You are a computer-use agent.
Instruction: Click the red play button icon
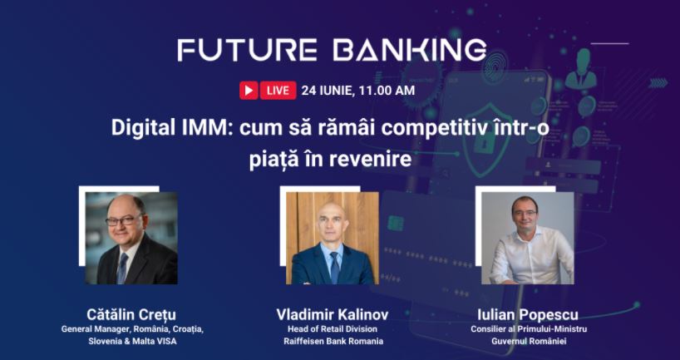pos(249,91)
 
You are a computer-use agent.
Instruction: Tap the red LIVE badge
pos(278,91)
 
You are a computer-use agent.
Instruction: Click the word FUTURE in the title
pos(247,50)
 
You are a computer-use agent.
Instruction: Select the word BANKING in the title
pos(409,50)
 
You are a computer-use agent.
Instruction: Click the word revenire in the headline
pos(371,160)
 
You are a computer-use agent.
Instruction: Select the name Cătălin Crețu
pos(131,314)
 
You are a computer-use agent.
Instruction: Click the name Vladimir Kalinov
pos(333,314)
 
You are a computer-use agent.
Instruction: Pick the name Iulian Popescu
pos(528,314)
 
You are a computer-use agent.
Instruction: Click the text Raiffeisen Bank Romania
pos(333,341)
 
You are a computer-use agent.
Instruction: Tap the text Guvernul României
pos(529,341)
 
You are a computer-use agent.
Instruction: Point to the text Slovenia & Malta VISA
pos(132,341)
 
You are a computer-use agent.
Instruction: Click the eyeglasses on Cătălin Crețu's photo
pos(124,220)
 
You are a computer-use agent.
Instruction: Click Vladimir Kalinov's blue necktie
pos(335,267)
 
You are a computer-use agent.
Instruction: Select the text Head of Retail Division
pos(333,328)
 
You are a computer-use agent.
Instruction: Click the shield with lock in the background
pos(482,140)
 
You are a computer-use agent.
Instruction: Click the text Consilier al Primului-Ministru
pos(529,328)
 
